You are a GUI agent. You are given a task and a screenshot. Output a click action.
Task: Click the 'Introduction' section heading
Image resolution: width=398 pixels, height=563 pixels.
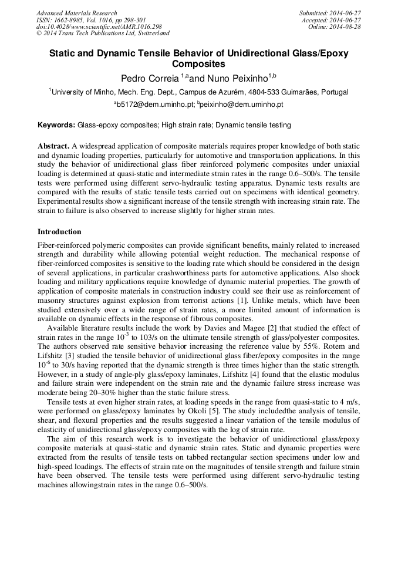point(59,232)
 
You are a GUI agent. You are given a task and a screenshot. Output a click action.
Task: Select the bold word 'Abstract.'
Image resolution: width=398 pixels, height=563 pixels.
point(53,145)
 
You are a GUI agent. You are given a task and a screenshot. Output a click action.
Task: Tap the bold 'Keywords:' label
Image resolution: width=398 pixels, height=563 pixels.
point(57,125)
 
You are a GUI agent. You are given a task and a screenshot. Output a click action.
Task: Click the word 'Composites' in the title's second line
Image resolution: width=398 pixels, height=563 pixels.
point(198,63)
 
